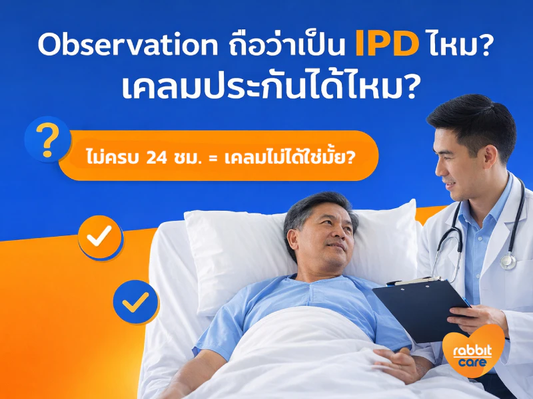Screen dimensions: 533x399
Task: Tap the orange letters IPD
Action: coord(387,44)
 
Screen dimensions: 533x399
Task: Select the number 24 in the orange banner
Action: coord(157,158)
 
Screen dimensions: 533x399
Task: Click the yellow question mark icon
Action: coord(47,140)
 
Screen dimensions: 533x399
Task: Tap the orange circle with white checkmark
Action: coord(100,237)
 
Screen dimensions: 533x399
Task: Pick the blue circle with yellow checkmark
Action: coord(136,302)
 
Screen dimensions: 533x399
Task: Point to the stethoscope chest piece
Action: coord(508,261)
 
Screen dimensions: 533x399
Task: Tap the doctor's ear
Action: coord(490,160)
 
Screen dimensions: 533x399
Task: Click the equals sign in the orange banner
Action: coord(213,158)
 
